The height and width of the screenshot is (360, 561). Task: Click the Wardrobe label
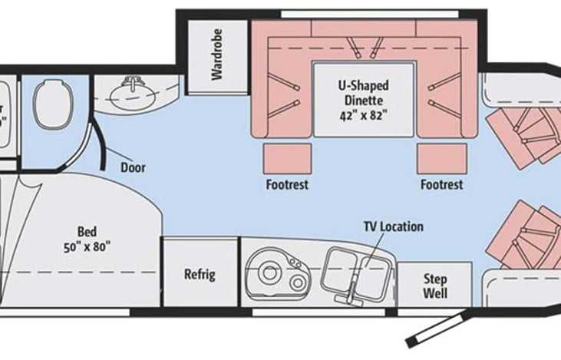point(217,60)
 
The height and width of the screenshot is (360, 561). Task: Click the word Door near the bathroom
point(133,167)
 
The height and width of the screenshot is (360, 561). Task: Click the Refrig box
point(199,274)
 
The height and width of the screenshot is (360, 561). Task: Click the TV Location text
point(393,227)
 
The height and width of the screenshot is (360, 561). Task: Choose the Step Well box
point(435,286)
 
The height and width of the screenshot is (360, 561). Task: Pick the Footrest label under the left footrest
point(288,185)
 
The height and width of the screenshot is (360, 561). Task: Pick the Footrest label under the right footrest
point(441,185)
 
